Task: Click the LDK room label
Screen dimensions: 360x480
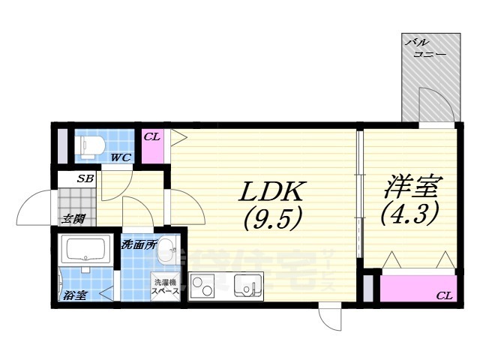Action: pyautogui.click(x=272, y=191)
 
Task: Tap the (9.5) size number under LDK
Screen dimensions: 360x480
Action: pyautogui.click(x=272, y=218)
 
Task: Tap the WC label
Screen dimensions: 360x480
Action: pyautogui.click(x=121, y=157)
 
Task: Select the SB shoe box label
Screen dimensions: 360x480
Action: pyautogui.click(x=84, y=179)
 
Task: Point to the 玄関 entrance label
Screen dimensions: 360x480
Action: pyautogui.click(x=73, y=219)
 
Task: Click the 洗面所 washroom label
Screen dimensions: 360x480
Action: pyautogui.click(x=139, y=244)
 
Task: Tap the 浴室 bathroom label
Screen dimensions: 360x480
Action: pyautogui.click(x=75, y=295)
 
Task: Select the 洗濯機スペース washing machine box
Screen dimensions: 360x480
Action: pyautogui.click(x=165, y=286)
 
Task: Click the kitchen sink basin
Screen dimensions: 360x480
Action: pyautogui.click(x=247, y=285)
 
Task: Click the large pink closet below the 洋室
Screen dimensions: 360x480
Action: pyautogui.click(x=416, y=287)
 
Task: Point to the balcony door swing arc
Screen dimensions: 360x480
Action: pyautogui.click(x=435, y=104)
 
